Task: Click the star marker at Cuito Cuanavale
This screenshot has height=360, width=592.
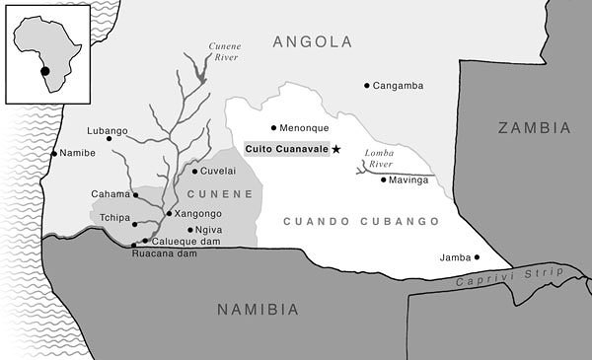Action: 336,149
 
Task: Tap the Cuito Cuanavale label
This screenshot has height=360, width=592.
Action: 287,149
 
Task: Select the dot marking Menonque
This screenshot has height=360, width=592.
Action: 274,127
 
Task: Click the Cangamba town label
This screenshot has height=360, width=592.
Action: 399,86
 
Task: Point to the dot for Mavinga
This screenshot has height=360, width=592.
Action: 383,180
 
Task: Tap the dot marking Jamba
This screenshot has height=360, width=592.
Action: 477,257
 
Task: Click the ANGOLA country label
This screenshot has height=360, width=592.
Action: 312,41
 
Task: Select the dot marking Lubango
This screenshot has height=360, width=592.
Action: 110,138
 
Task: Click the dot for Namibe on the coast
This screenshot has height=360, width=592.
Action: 54,154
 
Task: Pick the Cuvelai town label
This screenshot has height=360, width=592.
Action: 220,172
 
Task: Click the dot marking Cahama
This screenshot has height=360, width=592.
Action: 136,194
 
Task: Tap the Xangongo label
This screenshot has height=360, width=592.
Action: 197,213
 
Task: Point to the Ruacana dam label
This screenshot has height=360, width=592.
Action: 163,253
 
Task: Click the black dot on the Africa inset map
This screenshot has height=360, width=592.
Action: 43,69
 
